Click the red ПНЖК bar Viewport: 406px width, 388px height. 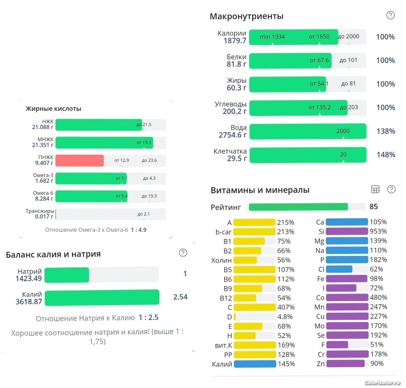click(x=80, y=160)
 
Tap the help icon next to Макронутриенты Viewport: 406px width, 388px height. click(x=390, y=15)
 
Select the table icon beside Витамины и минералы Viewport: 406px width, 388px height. click(x=375, y=190)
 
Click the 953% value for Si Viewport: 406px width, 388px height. click(x=378, y=231)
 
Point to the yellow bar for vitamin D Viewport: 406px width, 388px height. click(x=235, y=317)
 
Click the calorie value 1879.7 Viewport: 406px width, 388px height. click(x=235, y=41)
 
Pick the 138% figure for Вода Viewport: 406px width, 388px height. click(x=386, y=131)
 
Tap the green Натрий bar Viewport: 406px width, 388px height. click(x=67, y=275)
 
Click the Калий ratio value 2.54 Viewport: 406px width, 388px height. click(x=180, y=297)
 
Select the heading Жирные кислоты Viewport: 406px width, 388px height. click(x=53, y=109)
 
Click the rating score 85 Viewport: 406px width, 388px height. click(x=373, y=207)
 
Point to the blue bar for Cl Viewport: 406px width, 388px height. click(x=339, y=269)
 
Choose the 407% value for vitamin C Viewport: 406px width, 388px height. click(x=286, y=307)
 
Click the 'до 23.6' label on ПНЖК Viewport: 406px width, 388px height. click(x=149, y=160)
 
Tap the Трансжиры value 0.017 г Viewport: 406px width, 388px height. click(x=44, y=216)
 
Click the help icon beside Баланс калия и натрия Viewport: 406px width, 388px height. click(x=183, y=253)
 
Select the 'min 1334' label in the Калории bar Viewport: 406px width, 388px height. click(x=272, y=37)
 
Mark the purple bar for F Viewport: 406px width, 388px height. click(x=337, y=345)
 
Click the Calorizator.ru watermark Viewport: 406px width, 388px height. click(x=382, y=383)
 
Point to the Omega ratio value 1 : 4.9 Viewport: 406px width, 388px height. click(x=139, y=230)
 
